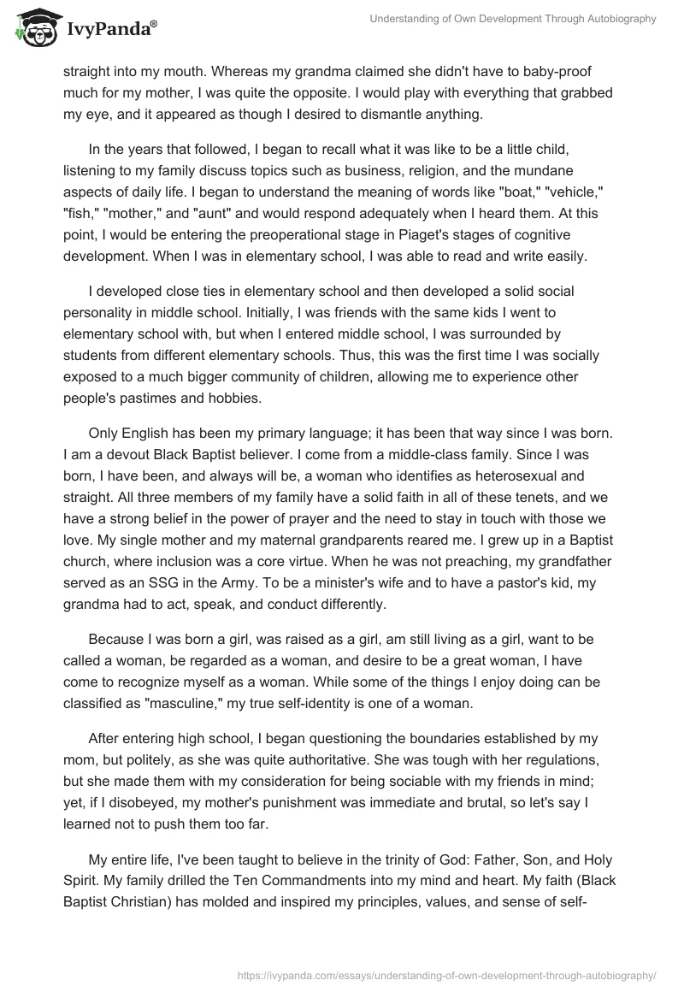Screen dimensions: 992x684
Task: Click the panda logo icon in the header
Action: tap(32, 28)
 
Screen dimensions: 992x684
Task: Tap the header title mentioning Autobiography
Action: tap(512, 19)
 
